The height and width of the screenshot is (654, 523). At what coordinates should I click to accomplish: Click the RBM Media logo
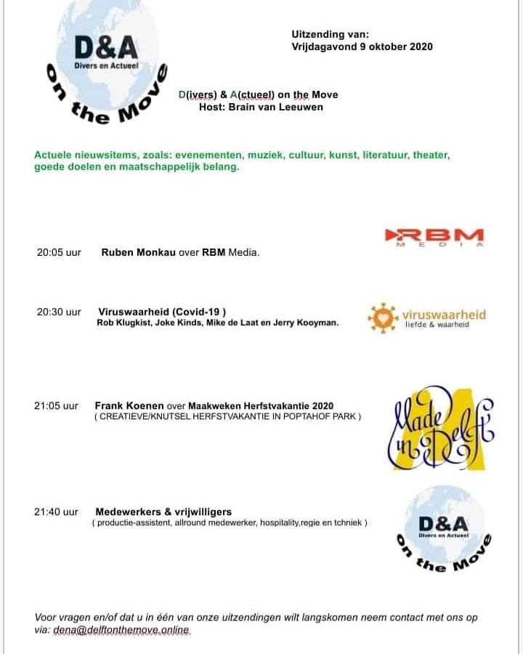pos(434,237)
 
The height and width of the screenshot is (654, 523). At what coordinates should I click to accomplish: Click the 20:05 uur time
pos(59,253)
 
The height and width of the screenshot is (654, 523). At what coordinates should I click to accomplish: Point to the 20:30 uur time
pos(59,312)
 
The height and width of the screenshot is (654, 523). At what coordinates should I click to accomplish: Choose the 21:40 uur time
pos(56,512)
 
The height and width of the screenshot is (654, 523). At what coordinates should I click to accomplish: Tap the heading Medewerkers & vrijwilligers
pos(163,512)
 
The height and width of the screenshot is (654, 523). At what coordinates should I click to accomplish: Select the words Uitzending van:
pos(331,34)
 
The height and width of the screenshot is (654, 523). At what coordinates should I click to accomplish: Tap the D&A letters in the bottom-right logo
pos(443,523)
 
